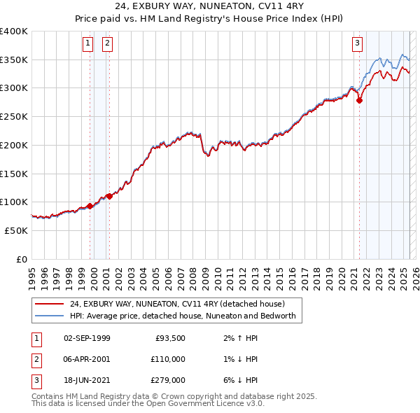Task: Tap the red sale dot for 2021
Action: point(360,100)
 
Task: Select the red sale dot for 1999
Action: point(90,206)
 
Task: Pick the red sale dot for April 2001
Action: point(109,197)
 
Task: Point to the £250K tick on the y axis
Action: point(14,116)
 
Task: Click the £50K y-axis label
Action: point(16,230)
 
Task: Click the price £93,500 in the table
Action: point(169,338)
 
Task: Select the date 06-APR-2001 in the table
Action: point(87,358)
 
